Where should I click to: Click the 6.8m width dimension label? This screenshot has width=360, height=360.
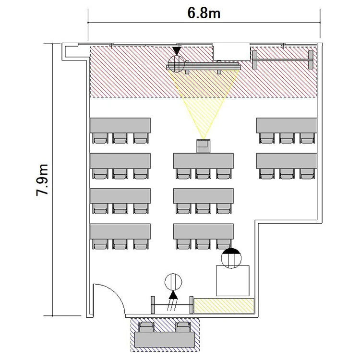coord(204,13)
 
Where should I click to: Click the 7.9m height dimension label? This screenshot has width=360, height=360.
coord(42,180)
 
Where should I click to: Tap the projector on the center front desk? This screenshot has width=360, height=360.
coord(204,146)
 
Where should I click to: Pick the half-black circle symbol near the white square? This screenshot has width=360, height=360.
coord(231,258)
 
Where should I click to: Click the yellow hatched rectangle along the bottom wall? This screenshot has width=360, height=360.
coord(224,306)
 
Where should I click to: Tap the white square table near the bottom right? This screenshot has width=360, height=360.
coord(233,281)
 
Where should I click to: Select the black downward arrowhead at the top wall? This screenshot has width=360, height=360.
coord(177,51)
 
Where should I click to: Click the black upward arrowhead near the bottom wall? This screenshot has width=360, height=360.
coord(173,295)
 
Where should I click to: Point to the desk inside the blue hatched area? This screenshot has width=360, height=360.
coord(165,339)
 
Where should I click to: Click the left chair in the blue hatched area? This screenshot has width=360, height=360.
coord(146,327)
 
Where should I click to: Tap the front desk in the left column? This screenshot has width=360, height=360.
coord(120,125)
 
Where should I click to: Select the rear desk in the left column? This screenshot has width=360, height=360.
coord(120,231)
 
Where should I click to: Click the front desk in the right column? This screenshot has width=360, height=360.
coord(287,125)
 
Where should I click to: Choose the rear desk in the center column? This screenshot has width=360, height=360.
coord(204,231)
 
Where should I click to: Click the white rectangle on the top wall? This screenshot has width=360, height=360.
coord(231,51)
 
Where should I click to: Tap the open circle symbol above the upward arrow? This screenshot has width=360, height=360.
coord(173,282)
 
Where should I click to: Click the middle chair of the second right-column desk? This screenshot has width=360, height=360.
coord(287,174)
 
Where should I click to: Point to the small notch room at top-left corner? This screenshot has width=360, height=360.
coord(72,52)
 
